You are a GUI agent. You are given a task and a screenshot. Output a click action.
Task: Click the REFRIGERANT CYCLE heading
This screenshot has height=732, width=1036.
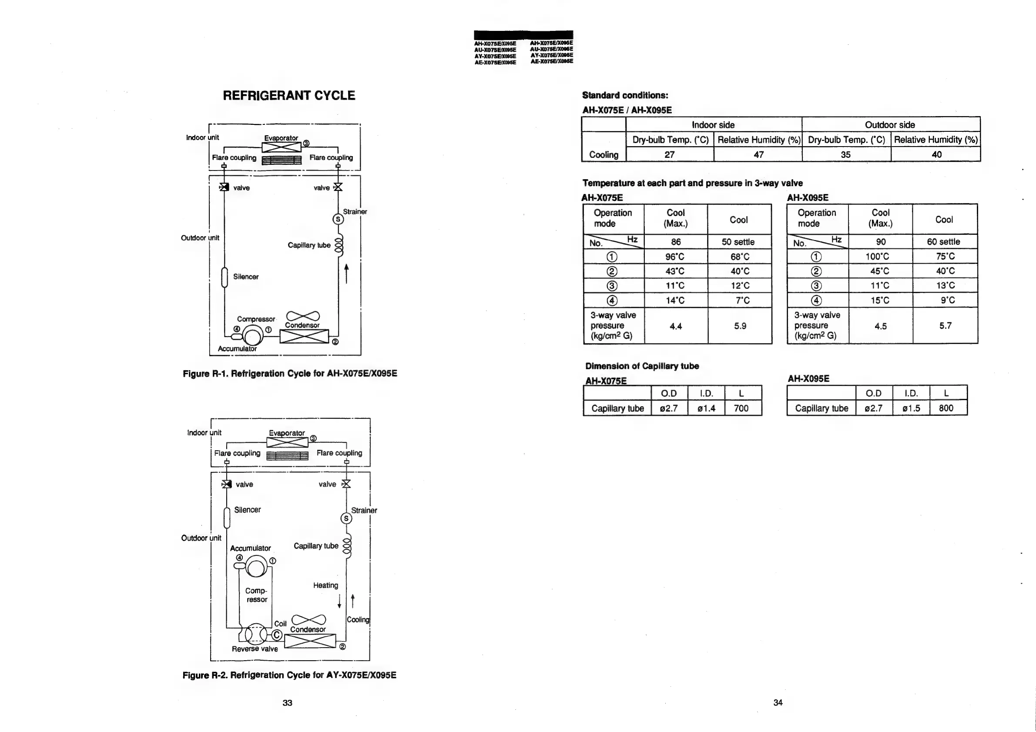point(289,96)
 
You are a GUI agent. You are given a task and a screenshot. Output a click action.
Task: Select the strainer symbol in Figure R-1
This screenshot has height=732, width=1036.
point(338,219)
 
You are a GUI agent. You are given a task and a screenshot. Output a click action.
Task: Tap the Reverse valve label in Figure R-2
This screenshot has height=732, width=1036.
point(255,649)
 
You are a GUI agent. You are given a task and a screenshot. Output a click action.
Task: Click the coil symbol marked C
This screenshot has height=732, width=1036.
point(277,635)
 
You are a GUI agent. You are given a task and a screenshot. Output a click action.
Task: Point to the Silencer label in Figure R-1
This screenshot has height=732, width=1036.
point(246,277)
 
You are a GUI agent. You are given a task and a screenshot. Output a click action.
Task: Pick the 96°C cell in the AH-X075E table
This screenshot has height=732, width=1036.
point(675,257)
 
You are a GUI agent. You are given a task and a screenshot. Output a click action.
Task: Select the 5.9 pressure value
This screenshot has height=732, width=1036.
point(740,326)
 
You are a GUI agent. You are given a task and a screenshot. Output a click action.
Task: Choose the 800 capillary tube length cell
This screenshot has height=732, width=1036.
point(946,408)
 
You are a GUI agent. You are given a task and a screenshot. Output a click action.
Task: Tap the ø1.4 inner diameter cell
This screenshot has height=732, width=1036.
point(706,408)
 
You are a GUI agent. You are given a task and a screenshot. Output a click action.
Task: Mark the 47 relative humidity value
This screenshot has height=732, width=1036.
point(758,155)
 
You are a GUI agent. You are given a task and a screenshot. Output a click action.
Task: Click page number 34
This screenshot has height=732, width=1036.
point(778,702)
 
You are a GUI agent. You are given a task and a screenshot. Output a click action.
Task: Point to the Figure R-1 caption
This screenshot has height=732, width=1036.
point(290,374)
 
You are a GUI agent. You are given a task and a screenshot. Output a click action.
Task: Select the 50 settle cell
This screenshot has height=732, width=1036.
point(738,242)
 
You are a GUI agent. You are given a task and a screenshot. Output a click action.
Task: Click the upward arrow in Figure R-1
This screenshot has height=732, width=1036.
point(346,273)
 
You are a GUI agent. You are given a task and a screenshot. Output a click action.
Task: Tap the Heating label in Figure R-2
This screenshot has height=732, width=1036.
point(325,585)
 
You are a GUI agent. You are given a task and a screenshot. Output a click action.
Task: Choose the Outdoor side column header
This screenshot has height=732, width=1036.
point(890,125)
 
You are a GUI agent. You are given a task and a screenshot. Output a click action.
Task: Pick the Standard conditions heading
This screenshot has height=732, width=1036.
point(625,95)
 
